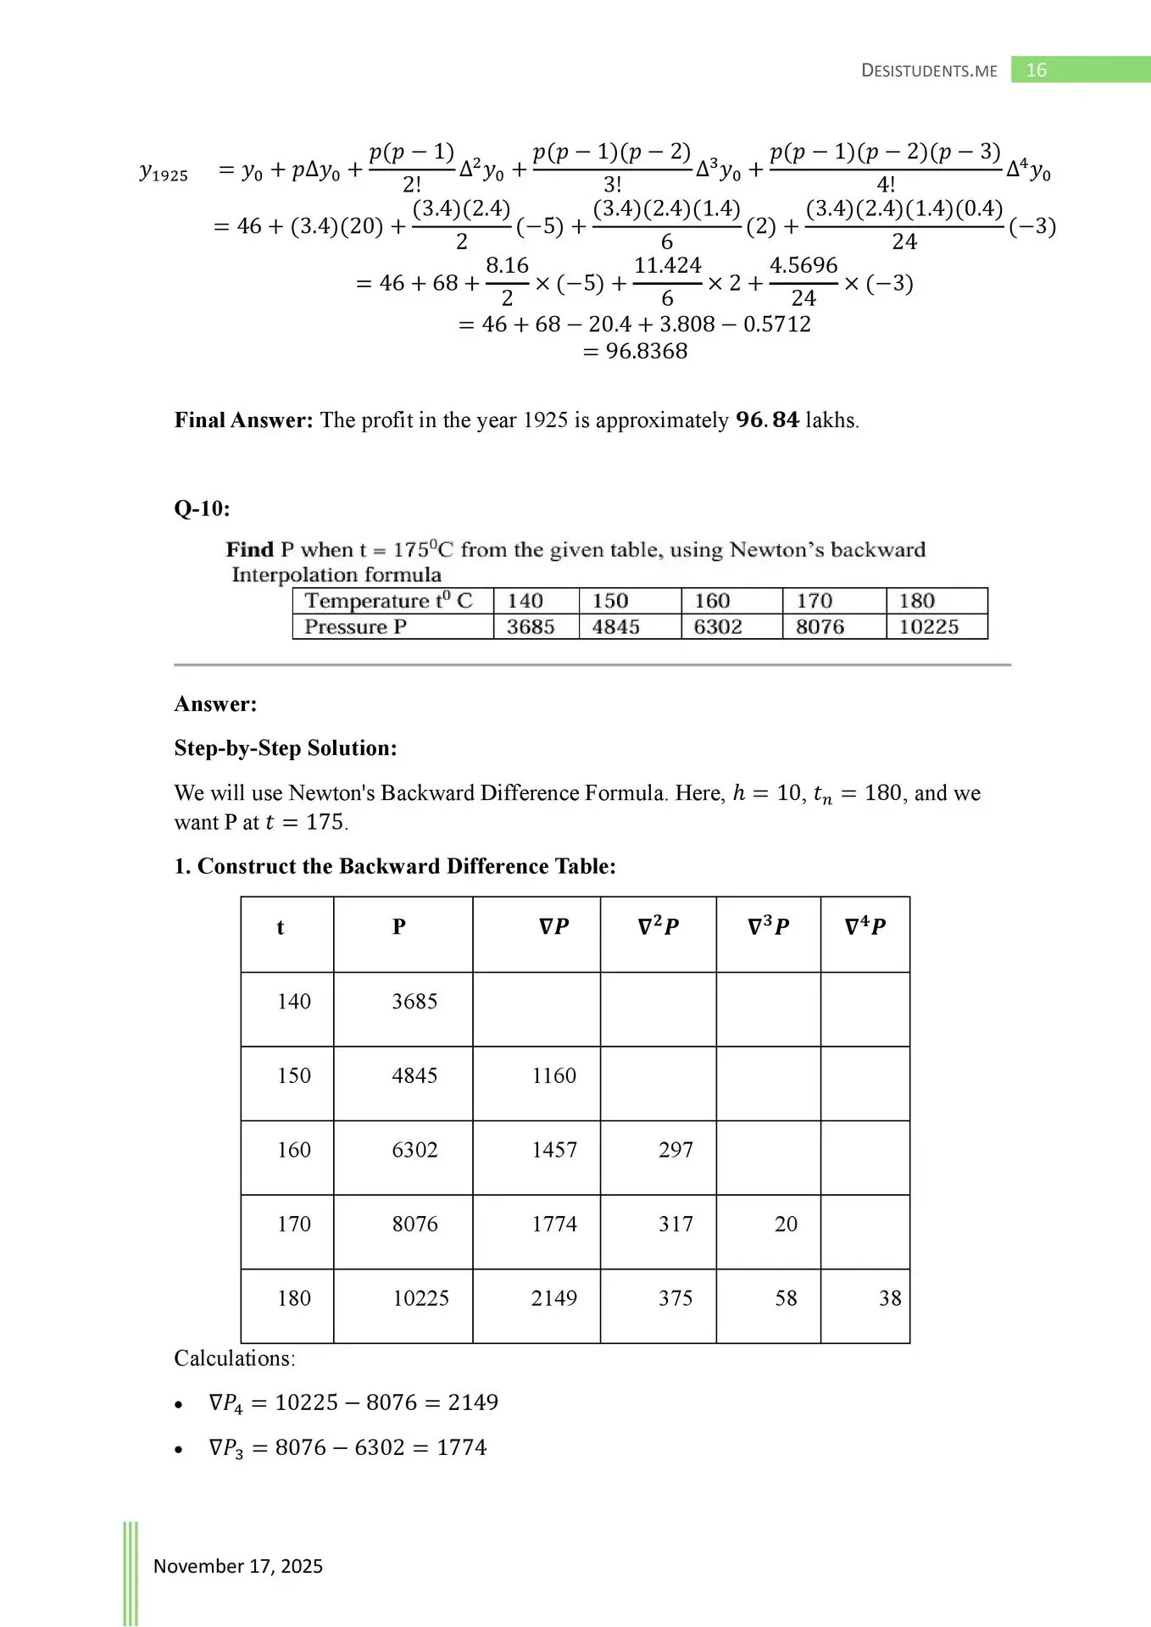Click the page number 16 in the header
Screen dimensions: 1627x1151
pos(1036,70)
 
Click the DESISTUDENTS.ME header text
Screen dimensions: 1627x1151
pos(929,71)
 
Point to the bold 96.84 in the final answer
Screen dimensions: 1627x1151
pos(767,420)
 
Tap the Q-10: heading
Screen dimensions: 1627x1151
pos(202,508)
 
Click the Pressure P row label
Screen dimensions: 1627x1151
pos(355,627)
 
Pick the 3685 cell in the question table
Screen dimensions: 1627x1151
pos(531,627)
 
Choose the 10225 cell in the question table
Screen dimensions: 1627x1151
pos(928,627)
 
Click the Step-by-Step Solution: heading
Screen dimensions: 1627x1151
pos(286,748)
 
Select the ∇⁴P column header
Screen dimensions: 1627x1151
pos(865,927)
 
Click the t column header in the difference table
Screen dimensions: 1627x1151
pos(281,927)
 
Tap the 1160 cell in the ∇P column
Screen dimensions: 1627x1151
pos(553,1075)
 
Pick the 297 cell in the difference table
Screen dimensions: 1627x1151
pos(676,1150)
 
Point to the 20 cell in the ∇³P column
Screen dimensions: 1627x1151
pos(786,1224)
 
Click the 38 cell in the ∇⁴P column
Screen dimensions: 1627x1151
pos(889,1298)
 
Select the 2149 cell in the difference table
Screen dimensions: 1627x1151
pos(553,1298)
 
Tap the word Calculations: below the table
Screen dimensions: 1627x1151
pos(235,1358)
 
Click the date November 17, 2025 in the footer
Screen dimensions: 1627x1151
pos(238,1566)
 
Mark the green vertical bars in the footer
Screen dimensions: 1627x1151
pos(131,1572)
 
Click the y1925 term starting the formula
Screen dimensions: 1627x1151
pos(164,173)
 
